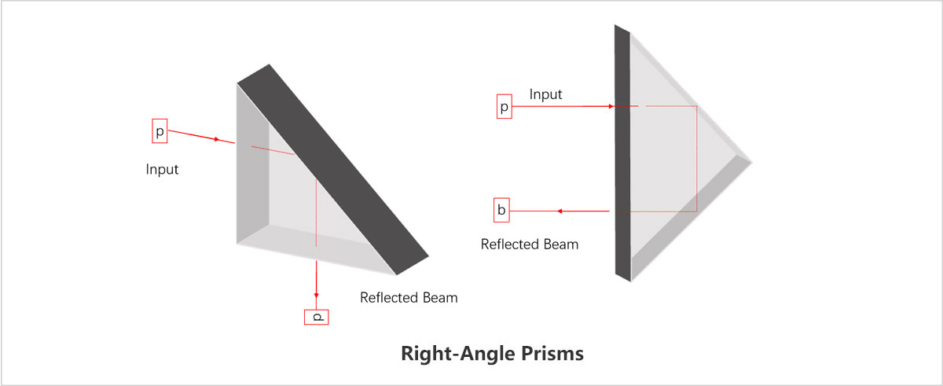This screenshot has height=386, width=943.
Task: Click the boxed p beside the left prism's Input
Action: click(x=160, y=131)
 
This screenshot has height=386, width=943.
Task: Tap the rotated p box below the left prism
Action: click(x=317, y=317)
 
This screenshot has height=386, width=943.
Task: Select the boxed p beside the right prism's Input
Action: click(x=505, y=106)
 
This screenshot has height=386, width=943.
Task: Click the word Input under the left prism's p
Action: click(x=162, y=169)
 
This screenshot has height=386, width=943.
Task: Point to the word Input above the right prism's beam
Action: click(x=545, y=94)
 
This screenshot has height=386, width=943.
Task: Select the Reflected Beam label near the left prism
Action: click(x=408, y=298)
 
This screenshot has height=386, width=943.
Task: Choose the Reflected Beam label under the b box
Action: click(x=529, y=244)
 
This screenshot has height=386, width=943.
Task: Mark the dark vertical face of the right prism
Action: click(x=622, y=149)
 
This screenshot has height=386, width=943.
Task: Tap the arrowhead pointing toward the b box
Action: click(x=560, y=211)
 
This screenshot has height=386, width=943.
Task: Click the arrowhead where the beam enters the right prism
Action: click(x=611, y=105)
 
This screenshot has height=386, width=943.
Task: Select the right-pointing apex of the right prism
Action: click(x=750, y=161)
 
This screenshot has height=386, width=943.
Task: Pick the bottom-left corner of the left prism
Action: click(x=238, y=244)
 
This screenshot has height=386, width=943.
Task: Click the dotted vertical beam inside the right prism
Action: click(x=697, y=157)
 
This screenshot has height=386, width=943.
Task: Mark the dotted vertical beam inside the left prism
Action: click(x=315, y=212)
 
